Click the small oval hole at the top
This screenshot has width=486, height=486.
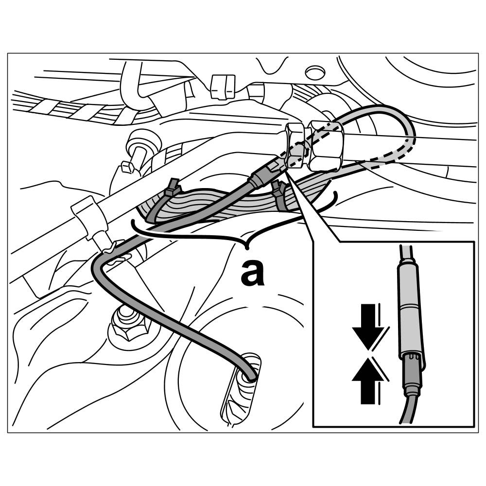point(313,73)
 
